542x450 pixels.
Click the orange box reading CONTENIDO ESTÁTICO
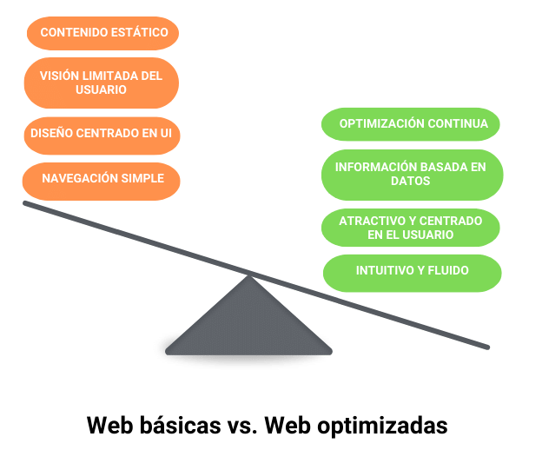(x=102, y=33)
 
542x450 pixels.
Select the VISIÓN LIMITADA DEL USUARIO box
(x=101, y=83)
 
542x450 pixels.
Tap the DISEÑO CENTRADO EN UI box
(x=101, y=134)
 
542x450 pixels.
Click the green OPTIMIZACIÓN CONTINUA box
(x=411, y=124)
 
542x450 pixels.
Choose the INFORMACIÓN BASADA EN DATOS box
(x=412, y=174)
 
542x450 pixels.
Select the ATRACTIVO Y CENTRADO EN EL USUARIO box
(x=412, y=228)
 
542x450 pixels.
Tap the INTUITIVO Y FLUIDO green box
(x=412, y=272)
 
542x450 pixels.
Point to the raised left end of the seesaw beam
(x=27, y=204)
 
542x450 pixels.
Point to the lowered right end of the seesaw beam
(x=486, y=347)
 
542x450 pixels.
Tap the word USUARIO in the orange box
(x=101, y=89)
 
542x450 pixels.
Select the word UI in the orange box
(x=165, y=134)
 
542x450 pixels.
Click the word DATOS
(x=411, y=182)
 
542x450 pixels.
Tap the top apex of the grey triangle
(x=250, y=277)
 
